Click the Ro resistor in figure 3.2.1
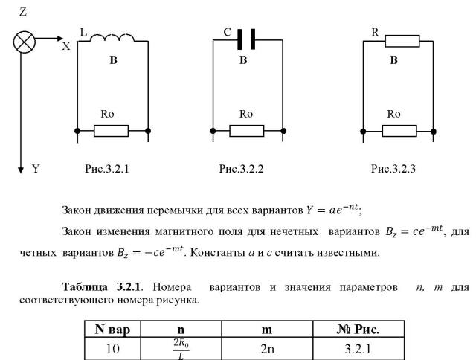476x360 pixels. click(112, 131)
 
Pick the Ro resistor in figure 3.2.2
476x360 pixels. click(246, 131)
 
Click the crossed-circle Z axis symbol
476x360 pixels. click(24, 42)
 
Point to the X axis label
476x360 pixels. click(65, 46)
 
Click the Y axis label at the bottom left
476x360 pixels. click(36, 170)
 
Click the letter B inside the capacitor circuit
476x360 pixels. click(242, 61)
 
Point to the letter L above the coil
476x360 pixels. click(83, 33)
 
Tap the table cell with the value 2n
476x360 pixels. click(265, 347)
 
